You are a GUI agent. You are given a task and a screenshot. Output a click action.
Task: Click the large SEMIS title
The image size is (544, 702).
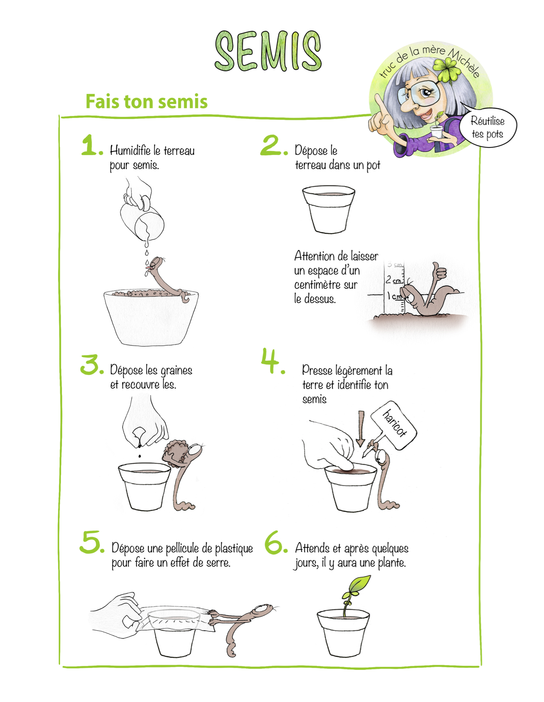click(x=268, y=51)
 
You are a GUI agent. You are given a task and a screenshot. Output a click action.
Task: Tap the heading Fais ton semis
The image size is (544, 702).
click(x=147, y=101)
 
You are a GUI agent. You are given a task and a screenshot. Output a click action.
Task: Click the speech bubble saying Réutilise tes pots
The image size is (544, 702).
click(x=487, y=127)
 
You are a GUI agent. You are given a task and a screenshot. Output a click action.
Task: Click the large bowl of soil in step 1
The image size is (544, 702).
click(x=151, y=316)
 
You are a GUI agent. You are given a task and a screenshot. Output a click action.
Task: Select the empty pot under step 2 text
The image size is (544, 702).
click(x=329, y=209)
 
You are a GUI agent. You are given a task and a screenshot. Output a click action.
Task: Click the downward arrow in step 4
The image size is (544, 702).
click(x=361, y=429)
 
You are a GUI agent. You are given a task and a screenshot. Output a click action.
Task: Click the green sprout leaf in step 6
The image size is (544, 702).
click(x=358, y=585)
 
